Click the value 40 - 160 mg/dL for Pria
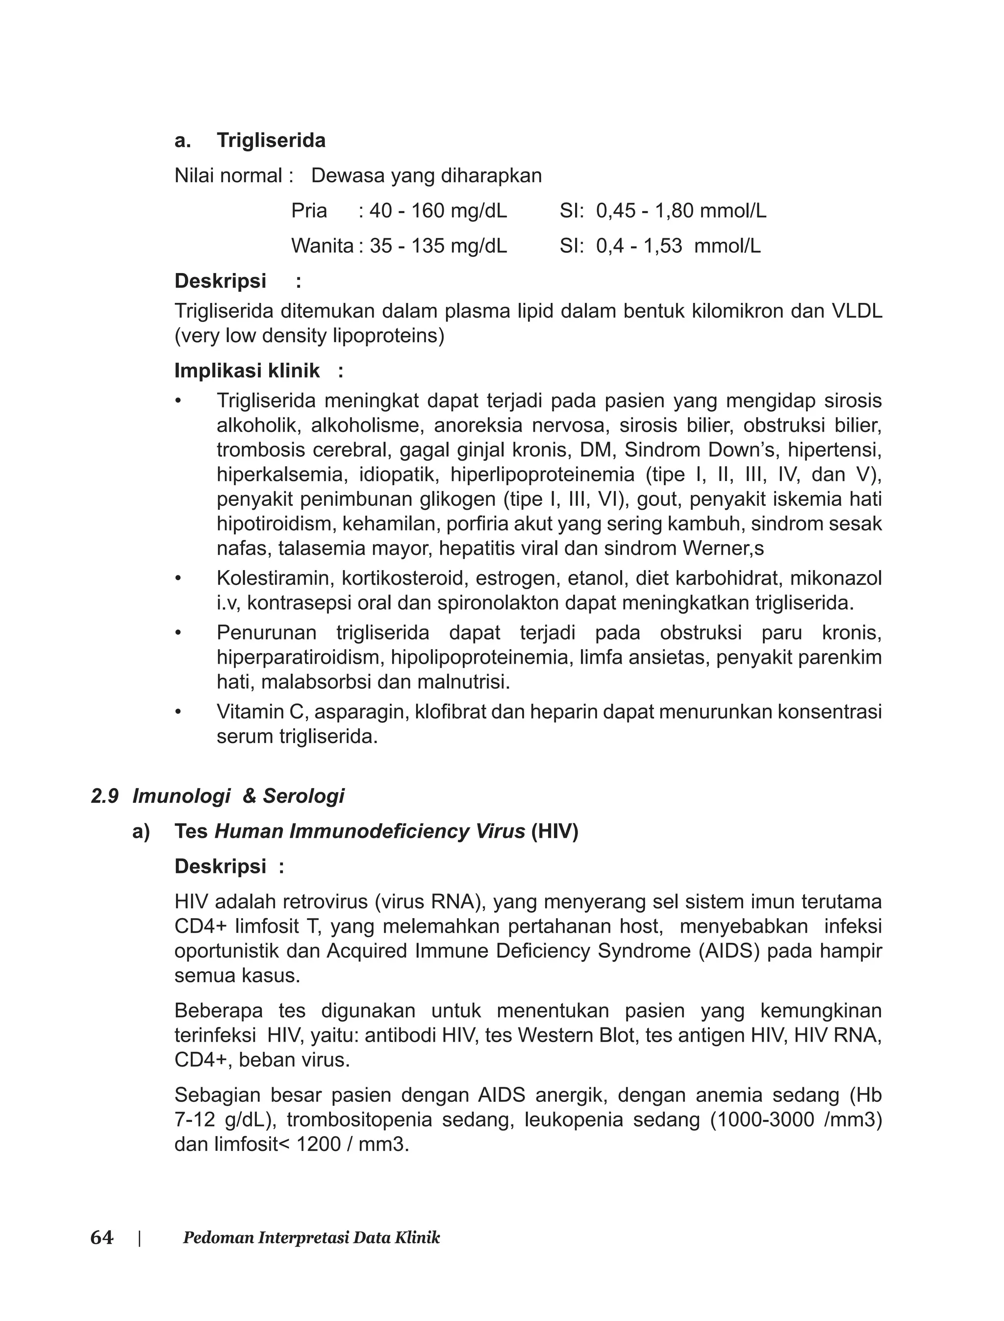pos(438,211)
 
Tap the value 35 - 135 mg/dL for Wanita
pos(438,246)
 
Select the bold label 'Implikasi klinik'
pos(247,371)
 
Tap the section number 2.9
pos(104,797)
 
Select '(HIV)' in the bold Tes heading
pos(554,832)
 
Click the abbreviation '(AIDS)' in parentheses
pos(729,950)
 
